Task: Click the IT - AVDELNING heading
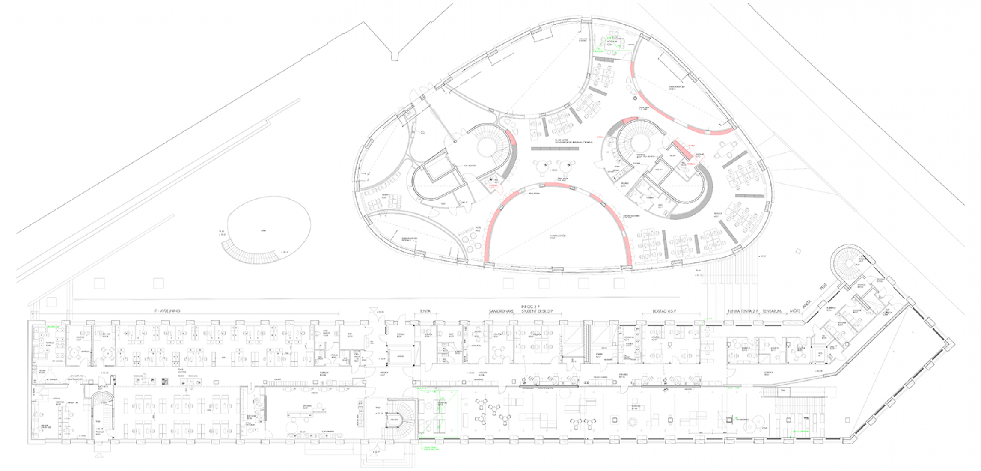coord(167,311)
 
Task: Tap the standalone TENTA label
coord(425,311)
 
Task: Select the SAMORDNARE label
coord(501,311)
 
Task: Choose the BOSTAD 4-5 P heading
coord(664,311)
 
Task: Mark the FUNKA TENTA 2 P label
coord(743,311)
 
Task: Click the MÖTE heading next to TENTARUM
coord(795,311)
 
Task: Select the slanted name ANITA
coord(807,304)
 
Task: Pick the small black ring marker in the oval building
coord(635,98)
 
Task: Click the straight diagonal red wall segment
coord(681,149)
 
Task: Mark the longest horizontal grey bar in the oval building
coord(555,149)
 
